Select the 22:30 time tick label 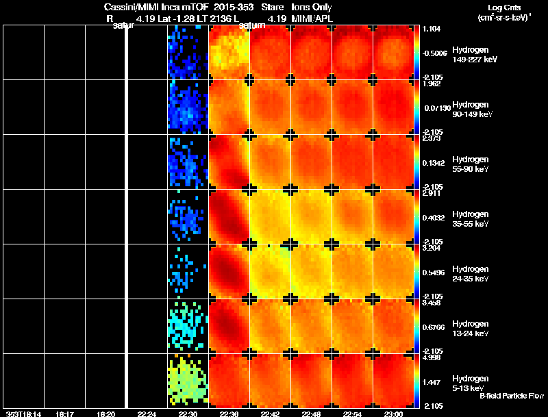[x=188, y=414]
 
